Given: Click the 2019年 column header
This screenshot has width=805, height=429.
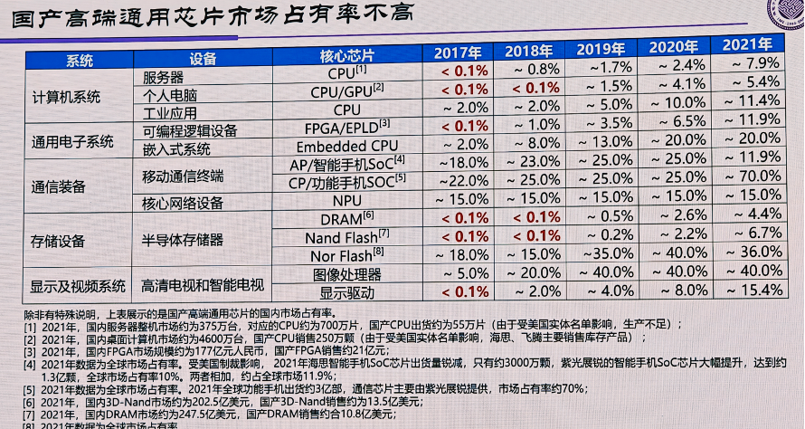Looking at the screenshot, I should pyautogui.click(x=602, y=50).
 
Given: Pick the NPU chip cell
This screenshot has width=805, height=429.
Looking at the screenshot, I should pyautogui.click(x=347, y=199).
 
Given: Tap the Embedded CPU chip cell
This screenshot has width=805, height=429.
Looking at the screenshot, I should pyautogui.click(x=347, y=146).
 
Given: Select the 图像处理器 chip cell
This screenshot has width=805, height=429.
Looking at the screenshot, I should pyautogui.click(x=347, y=274).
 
